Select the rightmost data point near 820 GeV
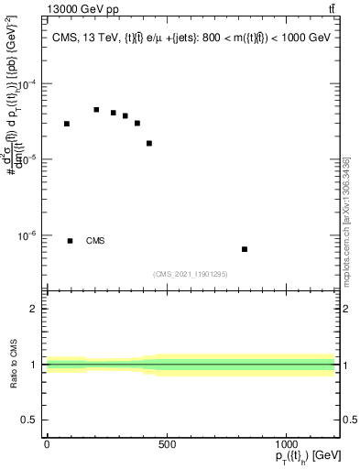click(245, 249)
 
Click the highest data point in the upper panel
click(96, 109)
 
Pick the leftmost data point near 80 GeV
click(67, 124)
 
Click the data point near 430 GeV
click(149, 143)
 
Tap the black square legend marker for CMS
click(71, 241)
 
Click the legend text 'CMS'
click(95, 241)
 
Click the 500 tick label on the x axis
click(167, 444)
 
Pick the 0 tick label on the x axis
click(47, 444)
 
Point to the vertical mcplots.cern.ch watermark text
click(346, 220)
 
